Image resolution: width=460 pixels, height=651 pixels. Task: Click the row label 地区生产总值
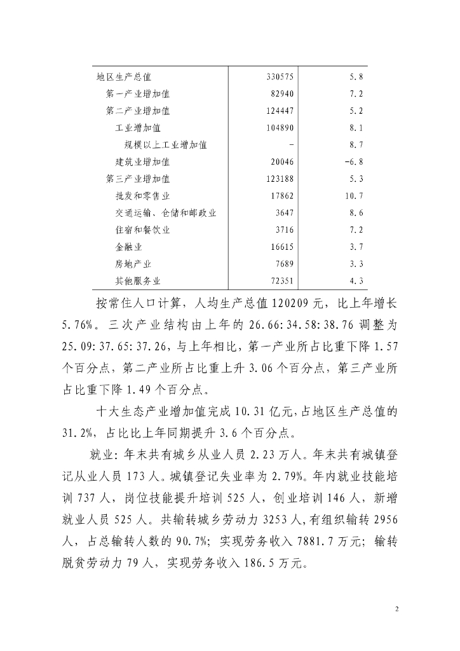click(123, 77)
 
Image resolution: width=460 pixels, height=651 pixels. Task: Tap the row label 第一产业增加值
click(137, 94)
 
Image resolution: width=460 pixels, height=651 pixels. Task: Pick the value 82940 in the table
click(282, 94)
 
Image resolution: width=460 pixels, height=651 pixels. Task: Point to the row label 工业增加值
click(138, 128)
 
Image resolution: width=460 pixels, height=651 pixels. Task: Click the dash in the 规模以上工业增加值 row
click(291, 145)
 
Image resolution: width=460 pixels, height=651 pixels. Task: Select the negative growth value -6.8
click(353, 162)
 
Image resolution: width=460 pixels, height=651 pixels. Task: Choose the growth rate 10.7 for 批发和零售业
click(354, 196)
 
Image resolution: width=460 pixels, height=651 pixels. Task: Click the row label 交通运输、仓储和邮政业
click(166, 213)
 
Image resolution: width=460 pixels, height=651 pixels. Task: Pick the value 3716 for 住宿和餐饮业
click(284, 230)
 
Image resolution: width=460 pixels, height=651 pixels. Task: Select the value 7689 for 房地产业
click(284, 263)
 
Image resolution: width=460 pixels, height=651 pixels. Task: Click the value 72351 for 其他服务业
click(282, 280)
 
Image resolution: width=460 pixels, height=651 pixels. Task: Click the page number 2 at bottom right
click(396, 609)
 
